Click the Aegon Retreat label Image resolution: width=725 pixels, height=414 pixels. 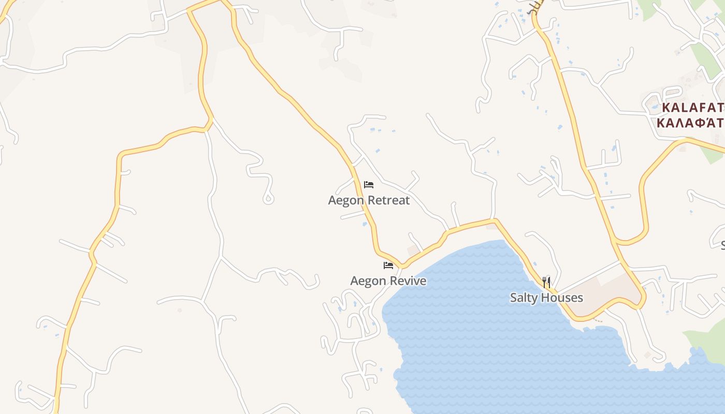click(369, 200)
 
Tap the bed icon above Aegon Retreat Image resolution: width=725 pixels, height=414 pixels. click(369, 184)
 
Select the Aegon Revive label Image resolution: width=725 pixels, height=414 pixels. click(388, 281)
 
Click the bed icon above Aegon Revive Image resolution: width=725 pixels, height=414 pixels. click(388, 265)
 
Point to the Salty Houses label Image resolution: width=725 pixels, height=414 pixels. click(546, 298)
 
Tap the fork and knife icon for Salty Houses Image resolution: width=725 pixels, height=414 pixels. click(546, 282)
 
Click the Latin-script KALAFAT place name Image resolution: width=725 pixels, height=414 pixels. click(693, 108)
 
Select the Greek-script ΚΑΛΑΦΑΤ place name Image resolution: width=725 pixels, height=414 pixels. click(689, 123)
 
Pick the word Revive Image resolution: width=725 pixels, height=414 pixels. click(407, 281)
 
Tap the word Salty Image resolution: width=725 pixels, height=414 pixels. click(525, 298)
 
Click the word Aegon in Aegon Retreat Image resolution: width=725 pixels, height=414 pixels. click(344, 200)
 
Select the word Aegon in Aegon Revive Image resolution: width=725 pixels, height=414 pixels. click(366, 281)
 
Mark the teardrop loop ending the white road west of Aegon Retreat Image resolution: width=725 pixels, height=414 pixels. click(268, 198)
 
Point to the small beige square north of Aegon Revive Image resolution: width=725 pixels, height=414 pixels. click(413, 250)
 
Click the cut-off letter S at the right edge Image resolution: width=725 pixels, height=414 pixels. click(723, 244)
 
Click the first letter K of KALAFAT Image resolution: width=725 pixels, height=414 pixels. click(667, 108)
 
